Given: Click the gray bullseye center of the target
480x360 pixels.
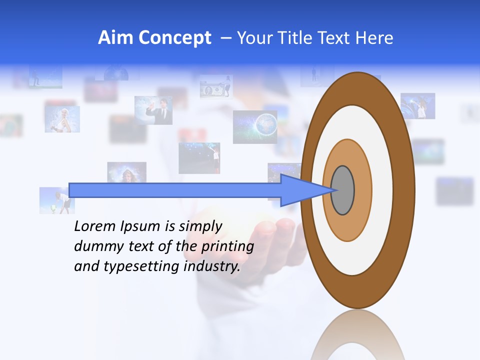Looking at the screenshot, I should pos(342,190).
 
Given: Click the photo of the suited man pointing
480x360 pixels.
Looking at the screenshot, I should pos(153,110).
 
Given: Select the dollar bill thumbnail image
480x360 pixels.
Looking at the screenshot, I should pos(216,87).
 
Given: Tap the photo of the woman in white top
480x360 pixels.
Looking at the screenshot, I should pos(62,119).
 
